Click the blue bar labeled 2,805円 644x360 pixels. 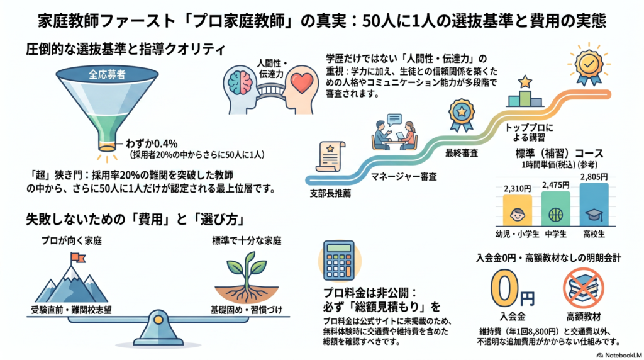594,205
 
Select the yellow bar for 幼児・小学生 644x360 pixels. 517,210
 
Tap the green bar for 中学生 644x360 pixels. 556,208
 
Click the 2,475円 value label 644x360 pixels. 556,185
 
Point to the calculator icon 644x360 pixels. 339,261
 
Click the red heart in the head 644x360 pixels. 302,82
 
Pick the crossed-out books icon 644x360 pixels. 583,288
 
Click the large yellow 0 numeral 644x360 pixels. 504,289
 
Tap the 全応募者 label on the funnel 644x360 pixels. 107,75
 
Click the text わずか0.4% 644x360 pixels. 152,144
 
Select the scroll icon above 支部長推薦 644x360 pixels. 330,156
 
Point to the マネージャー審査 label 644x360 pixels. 404,177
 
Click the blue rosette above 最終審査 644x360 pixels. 462,115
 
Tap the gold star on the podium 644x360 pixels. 525,81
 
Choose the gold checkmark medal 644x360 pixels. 589,65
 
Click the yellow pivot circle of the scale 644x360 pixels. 158,320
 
